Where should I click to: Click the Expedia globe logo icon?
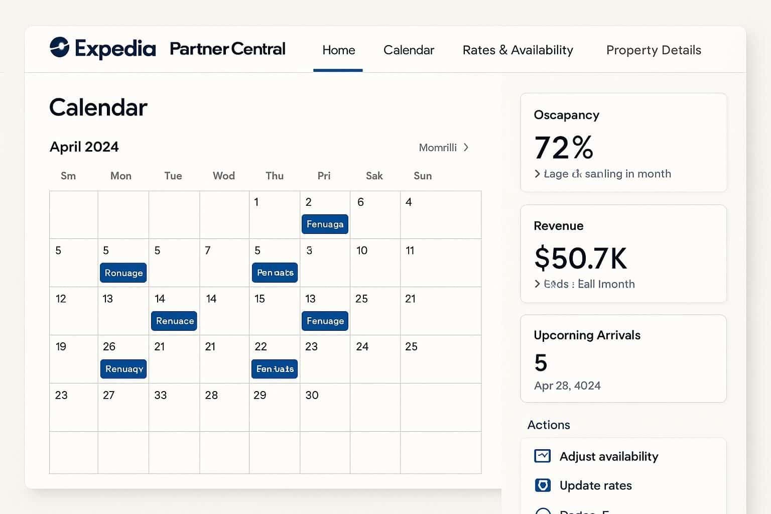[x=59, y=48]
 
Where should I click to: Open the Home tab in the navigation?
[x=338, y=50]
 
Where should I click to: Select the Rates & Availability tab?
[x=518, y=50]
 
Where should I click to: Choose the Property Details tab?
[x=653, y=50]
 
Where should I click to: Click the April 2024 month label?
[x=84, y=147]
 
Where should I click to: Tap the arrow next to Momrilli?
[x=466, y=148]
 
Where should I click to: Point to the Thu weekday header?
[x=275, y=176]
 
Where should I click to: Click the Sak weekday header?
[x=374, y=176]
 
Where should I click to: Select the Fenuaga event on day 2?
[x=325, y=224]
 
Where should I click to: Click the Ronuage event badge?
[x=123, y=273]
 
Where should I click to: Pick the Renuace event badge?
[x=174, y=321]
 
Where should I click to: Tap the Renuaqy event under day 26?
[x=123, y=369]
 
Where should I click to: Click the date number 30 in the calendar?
[x=312, y=396]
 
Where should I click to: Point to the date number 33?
[x=160, y=396]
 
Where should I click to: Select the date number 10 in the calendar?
[x=361, y=250]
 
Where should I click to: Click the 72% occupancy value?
[x=564, y=148]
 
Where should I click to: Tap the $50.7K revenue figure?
[x=580, y=258]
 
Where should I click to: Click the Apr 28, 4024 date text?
[x=567, y=386]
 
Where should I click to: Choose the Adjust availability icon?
[x=543, y=456]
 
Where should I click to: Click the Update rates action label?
[x=595, y=486]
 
